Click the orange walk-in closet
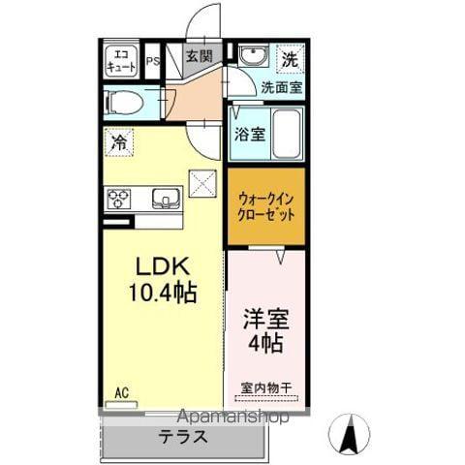click(x=265, y=208)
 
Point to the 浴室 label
click(x=249, y=136)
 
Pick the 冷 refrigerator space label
click(x=117, y=140)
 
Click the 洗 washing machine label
click(x=290, y=57)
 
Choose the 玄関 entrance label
click(x=200, y=57)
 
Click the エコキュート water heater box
click(x=122, y=61)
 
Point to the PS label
click(x=152, y=65)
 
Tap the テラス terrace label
click(x=183, y=436)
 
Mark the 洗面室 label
click(x=281, y=86)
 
